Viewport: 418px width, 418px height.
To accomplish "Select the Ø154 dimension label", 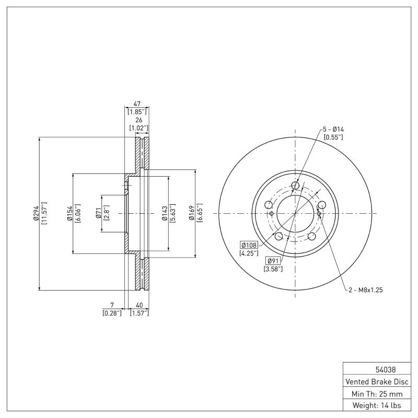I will [x=69, y=213].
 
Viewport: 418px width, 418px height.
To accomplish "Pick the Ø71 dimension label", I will [x=98, y=213].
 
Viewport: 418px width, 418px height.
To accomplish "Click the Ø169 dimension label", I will [x=192, y=213].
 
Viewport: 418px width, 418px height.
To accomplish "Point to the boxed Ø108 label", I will [x=249, y=245].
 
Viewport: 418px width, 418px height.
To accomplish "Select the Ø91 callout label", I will [x=273, y=261].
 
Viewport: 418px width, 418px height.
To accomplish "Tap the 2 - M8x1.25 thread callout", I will [x=366, y=290].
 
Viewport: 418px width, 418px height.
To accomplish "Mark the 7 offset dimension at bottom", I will [x=112, y=305].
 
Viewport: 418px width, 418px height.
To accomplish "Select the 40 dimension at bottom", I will [x=139, y=305].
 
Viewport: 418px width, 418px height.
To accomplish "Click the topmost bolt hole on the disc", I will [x=295, y=185].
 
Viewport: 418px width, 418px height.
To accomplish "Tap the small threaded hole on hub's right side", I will [x=319, y=213].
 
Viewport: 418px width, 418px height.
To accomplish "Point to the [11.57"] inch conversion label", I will [x=44, y=213].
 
